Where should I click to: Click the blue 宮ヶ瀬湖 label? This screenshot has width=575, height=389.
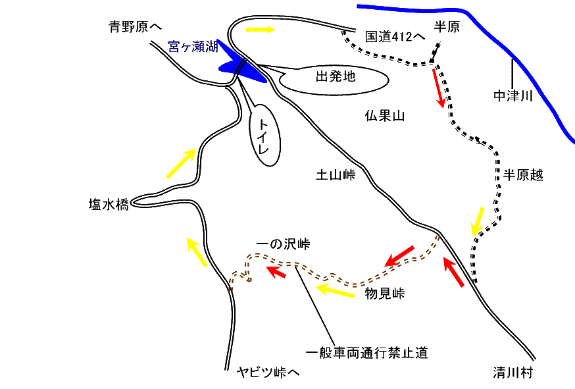click(x=193, y=47)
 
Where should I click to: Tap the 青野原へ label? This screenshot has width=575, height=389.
click(x=135, y=27)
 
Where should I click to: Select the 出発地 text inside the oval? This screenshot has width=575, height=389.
click(x=335, y=77)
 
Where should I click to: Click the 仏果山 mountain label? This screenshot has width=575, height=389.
click(x=384, y=117)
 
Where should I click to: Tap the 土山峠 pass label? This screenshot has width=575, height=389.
click(x=336, y=175)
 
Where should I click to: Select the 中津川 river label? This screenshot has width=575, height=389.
click(x=512, y=97)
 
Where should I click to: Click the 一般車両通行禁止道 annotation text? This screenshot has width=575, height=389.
click(x=367, y=353)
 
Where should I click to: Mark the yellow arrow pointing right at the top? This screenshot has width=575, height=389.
click(x=261, y=30)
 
